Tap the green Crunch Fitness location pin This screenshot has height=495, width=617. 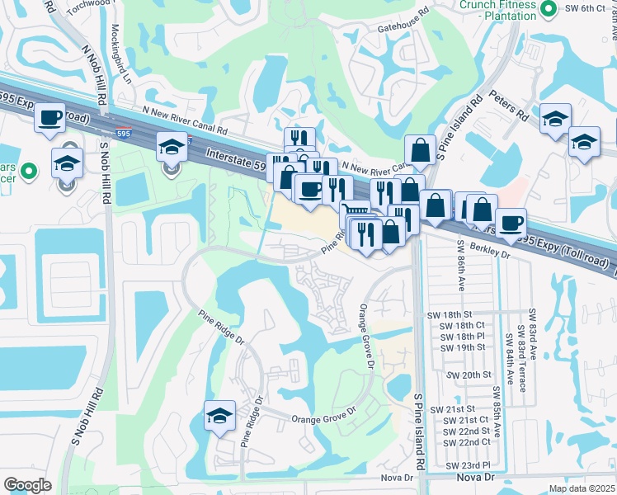point(549,8)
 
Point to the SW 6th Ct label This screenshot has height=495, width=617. point(586,8)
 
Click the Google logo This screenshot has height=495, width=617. point(27,485)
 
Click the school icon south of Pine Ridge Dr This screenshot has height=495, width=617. point(220,417)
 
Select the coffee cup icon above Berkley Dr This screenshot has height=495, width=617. point(511,223)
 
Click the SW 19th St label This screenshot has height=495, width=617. point(462,347)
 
